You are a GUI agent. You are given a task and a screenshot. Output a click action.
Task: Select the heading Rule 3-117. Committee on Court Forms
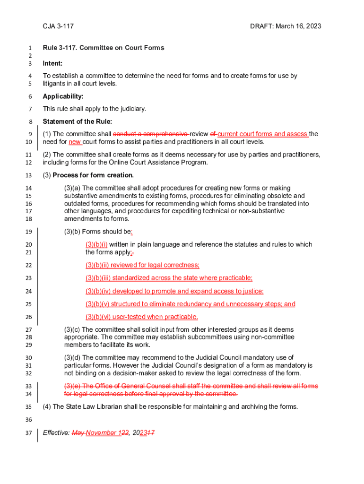[104, 48]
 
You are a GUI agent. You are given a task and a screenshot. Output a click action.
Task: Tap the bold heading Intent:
[52, 63]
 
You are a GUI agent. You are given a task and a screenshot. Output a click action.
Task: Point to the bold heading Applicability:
[63, 96]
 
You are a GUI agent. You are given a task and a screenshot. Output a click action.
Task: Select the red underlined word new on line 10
[75, 142]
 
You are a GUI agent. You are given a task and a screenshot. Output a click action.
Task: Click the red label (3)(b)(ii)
[98, 265]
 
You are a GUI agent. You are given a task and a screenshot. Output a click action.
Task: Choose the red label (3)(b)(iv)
[98, 291]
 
